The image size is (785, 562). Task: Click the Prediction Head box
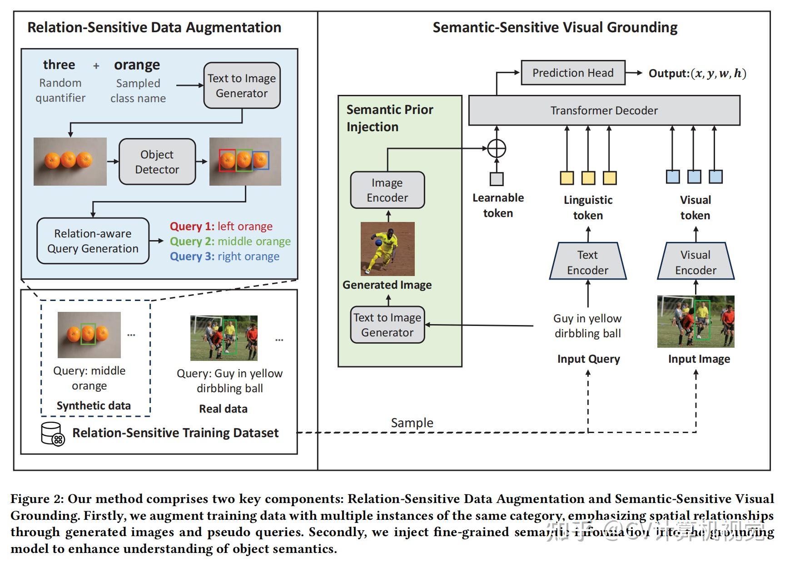click(572, 73)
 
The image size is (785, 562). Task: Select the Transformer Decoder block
click(604, 110)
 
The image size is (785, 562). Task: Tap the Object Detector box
click(157, 162)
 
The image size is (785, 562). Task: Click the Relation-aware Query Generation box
click(93, 241)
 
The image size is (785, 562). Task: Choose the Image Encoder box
click(387, 190)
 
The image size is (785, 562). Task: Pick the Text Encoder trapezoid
click(587, 262)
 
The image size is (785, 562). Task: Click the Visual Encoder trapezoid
click(696, 262)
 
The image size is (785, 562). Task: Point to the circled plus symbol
click(497, 148)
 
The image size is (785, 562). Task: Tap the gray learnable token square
click(497, 179)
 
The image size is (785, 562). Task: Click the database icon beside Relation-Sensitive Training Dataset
click(52, 434)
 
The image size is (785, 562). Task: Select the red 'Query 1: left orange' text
click(221, 226)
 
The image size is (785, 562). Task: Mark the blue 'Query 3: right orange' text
click(224, 256)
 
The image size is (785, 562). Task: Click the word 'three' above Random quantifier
click(59, 65)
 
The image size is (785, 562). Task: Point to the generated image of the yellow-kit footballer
click(388, 249)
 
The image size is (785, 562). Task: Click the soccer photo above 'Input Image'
click(696, 321)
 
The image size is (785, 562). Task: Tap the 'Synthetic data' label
click(94, 405)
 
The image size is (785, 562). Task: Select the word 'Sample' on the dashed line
click(412, 423)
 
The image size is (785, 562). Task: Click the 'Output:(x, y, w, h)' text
click(697, 73)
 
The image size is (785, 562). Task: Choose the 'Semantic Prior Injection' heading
click(389, 118)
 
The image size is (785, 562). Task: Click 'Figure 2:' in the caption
click(37, 499)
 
